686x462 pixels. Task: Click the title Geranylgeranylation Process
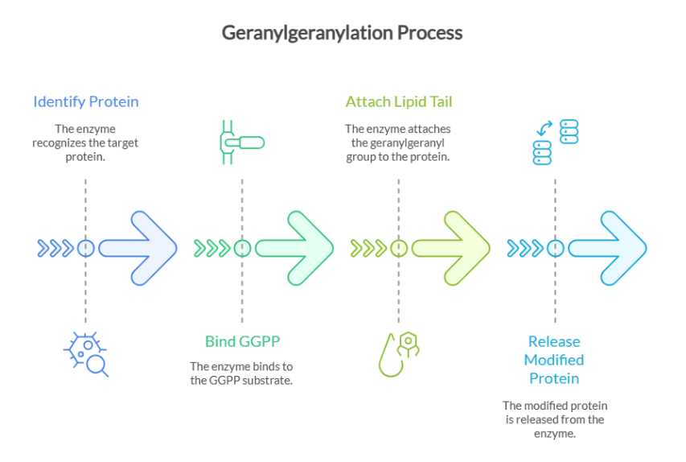tap(342, 33)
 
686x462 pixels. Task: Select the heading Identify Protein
tap(86, 101)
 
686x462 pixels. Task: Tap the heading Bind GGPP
tap(242, 341)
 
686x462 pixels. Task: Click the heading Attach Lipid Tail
tap(398, 101)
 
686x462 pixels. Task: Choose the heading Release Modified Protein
tap(554, 360)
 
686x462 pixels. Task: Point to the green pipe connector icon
tap(241, 142)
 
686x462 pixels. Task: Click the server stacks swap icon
tap(555, 142)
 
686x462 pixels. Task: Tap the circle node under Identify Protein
tap(86, 248)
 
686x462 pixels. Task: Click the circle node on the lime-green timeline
tap(398, 248)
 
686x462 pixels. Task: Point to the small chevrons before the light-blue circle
tap(525, 248)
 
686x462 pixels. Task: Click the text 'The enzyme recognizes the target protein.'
tap(85, 142)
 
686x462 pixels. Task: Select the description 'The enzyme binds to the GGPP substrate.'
tap(242, 372)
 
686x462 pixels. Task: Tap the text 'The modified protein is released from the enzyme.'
tap(554, 419)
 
